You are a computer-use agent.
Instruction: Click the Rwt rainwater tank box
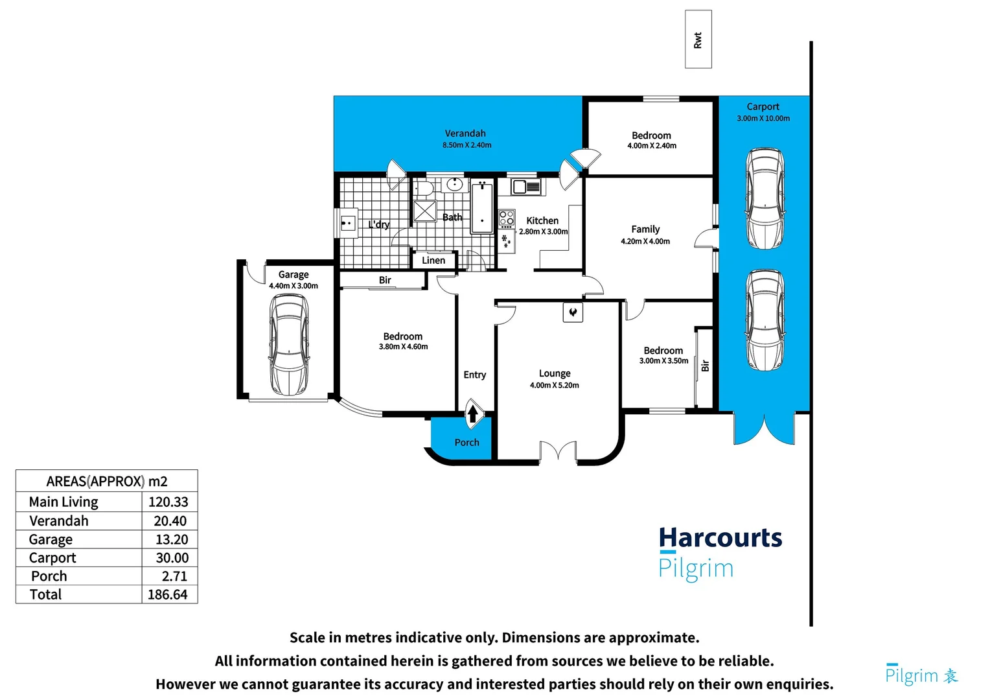(698, 40)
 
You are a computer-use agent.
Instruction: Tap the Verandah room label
(465, 134)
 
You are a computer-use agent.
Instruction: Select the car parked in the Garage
(289, 344)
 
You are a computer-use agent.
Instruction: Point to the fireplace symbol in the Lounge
(573, 312)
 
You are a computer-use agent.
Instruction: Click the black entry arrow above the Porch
(473, 413)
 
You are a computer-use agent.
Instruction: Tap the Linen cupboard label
(433, 261)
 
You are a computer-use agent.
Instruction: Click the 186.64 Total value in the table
(168, 594)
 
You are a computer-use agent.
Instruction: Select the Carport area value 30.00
(172, 557)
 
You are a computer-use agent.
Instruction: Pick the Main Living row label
(63, 502)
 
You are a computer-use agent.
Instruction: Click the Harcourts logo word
(720, 538)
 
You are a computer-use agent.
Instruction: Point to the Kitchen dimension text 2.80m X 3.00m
(543, 231)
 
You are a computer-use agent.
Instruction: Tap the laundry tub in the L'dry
(348, 224)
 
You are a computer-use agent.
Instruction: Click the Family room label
(645, 229)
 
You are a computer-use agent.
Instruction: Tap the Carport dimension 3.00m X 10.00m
(763, 119)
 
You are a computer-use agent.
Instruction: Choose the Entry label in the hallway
(474, 375)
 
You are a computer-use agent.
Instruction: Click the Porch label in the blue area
(466, 443)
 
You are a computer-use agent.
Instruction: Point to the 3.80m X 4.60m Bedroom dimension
(403, 347)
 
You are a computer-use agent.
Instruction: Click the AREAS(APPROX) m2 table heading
(107, 482)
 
